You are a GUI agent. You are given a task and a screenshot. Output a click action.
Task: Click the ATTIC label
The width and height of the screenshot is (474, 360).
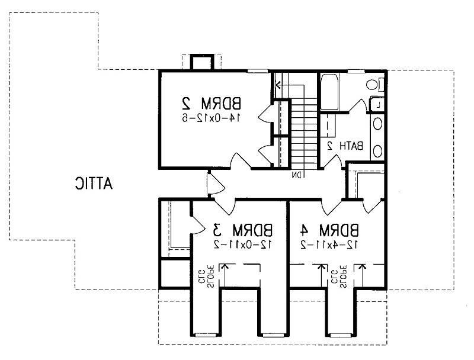click(x=94, y=184)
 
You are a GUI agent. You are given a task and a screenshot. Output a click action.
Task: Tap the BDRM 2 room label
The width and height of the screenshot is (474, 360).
click(x=212, y=103)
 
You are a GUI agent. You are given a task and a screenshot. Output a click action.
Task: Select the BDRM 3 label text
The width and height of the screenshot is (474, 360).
click(x=242, y=230)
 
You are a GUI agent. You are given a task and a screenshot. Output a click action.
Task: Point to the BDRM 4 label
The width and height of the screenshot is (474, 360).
click(x=330, y=230)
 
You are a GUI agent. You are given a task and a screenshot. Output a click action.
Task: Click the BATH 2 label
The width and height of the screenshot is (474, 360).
click(x=345, y=146)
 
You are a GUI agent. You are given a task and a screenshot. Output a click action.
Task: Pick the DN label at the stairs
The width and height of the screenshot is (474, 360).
click(x=297, y=175)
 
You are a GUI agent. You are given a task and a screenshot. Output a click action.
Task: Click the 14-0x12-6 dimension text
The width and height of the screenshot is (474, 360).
click(x=212, y=117)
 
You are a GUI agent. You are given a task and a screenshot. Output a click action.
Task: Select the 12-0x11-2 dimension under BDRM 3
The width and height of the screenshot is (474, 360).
click(x=244, y=244)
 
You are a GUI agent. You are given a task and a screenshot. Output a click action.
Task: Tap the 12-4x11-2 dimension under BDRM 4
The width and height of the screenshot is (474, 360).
click(x=329, y=244)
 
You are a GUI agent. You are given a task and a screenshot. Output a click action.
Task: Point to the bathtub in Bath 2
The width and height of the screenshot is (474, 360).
click(x=329, y=92)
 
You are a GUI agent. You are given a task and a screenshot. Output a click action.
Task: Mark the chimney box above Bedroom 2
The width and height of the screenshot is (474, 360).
click(x=201, y=62)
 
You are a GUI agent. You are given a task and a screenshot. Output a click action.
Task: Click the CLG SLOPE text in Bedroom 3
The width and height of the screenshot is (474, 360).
click(x=207, y=277)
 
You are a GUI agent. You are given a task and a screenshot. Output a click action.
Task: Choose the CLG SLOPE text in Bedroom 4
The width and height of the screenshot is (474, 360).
click(x=338, y=277)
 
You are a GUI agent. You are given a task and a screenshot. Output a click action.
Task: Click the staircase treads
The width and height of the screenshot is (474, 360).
click(x=303, y=133)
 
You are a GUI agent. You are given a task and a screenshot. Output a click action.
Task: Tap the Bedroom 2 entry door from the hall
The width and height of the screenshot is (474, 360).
click(x=241, y=160)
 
